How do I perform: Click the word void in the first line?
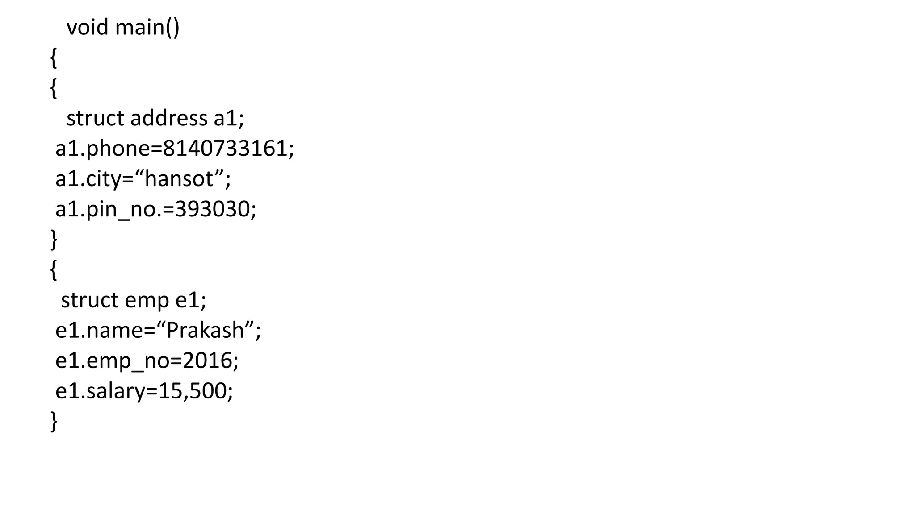pyautogui.click(x=88, y=27)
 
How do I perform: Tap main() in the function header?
pyautogui.click(x=147, y=27)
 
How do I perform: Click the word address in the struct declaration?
pyautogui.click(x=168, y=118)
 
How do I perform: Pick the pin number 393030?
pyautogui.click(x=212, y=209)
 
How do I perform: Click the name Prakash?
pyautogui.click(x=206, y=330)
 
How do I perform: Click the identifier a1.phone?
pyautogui.click(x=103, y=148)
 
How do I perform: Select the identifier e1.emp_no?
pyautogui.click(x=112, y=361)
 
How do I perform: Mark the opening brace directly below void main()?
pyautogui.click(x=54, y=58)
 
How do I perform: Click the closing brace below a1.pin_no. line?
pyautogui.click(x=54, y=240)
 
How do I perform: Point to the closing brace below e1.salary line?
pyautogui.click(x=54, y=421)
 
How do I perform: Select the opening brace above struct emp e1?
pyautogui.click(x=54, y=270)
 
